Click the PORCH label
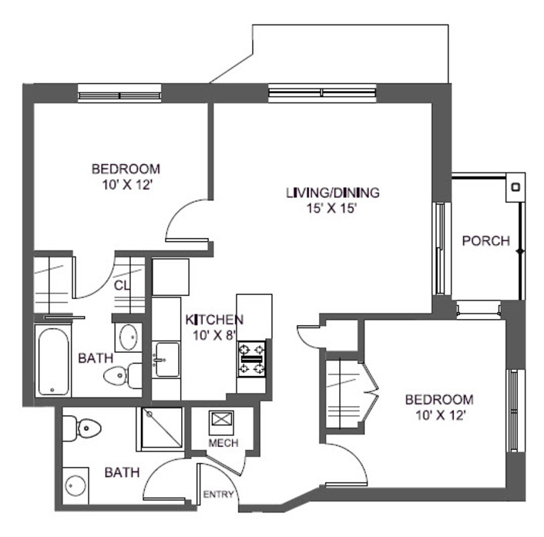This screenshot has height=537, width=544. click(485, 241)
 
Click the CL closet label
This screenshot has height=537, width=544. click(121, 285)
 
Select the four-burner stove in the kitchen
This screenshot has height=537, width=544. click(252, 357)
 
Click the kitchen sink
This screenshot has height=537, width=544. click(165, 360)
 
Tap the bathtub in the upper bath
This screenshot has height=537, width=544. click(53, 361)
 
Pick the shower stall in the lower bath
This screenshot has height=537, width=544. click(160, 428)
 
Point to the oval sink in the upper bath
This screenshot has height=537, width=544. click(127, 337)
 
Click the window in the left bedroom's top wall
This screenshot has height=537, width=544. click(119, 92)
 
